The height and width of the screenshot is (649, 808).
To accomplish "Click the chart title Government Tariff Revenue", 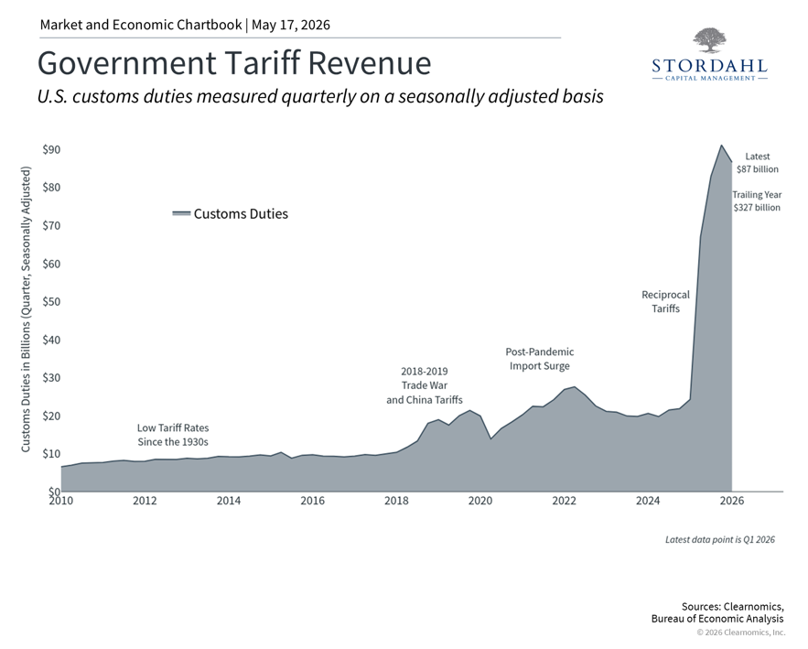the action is [x=234, y=63].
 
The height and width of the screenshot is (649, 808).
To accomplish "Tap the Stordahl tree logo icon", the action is [x=709, y=40].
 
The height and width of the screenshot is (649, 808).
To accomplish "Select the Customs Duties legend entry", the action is [x=231, y=214].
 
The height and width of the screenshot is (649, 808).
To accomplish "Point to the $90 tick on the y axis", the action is [x=51, y=149].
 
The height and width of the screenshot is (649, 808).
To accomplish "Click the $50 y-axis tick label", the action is [x=51, y=301].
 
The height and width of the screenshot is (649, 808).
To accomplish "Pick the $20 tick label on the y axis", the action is [x=51, y=416].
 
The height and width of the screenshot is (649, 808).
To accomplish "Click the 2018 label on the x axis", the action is [x=396, y=501].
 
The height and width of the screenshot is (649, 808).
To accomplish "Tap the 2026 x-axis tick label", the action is [x=732, y=501].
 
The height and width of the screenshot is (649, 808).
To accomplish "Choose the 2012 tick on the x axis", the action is [x=145, y=501].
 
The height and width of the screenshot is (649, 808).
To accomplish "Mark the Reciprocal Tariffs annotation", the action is [x=666, y=301].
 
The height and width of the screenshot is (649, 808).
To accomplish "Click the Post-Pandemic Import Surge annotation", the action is [x=540, y=359].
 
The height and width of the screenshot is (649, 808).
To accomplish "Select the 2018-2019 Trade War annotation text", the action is [x=425, y=385].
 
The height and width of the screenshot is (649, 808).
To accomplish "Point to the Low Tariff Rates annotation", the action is [x=173, y=435].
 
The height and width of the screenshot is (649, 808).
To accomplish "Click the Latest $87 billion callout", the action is [x=758, y=162].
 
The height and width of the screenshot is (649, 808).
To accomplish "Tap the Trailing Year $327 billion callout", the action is [x=757, y=201].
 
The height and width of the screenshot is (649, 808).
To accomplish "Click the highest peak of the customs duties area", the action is [x=721, y=146].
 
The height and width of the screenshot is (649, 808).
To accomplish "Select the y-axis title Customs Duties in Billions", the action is [x=26, y=309].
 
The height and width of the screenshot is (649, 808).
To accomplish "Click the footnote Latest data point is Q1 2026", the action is [x=720, y=540].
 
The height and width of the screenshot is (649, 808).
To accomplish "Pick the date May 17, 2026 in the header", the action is [x=291, y=25].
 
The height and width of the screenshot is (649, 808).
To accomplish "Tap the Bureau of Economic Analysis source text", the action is [x=717, y=619].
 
